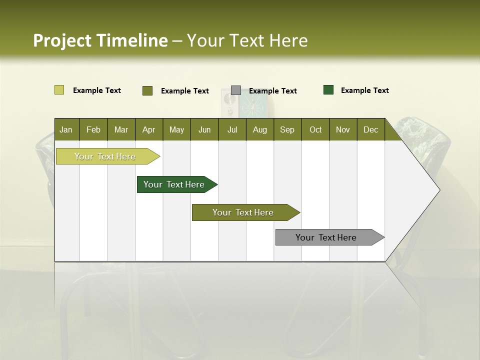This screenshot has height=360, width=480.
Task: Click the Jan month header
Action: tap(66, 129)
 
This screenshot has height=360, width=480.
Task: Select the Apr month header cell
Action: tap(149, 129)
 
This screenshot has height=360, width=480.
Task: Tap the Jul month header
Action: tap(232, 129)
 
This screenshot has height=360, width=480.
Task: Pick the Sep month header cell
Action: tap(287, 129)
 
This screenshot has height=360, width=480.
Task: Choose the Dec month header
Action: tap(370, 129)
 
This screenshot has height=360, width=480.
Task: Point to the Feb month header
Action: tap(93, 129)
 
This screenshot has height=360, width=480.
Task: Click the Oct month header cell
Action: tap(315, 129)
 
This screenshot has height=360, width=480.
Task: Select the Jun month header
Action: tap(204, 129)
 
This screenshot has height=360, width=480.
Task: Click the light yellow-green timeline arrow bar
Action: tap(105, 156)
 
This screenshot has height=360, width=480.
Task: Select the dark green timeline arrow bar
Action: tap(174, 184)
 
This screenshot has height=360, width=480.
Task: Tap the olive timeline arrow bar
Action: tap(243, 212)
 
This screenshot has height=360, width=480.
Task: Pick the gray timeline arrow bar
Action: tap(326, 237)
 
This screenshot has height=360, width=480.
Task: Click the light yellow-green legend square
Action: tap(59, 90)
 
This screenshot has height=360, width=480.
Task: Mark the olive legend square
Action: tap(147, 90)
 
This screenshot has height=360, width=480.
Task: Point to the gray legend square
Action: tap(236, 90)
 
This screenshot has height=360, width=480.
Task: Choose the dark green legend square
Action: tap(328, 90)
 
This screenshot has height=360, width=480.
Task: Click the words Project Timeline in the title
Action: tap(100, 40)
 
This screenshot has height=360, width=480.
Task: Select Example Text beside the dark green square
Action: tap(364, 90)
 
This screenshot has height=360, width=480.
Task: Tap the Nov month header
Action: tap(343, 129)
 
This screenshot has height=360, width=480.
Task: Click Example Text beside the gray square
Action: tap(272, 91)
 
